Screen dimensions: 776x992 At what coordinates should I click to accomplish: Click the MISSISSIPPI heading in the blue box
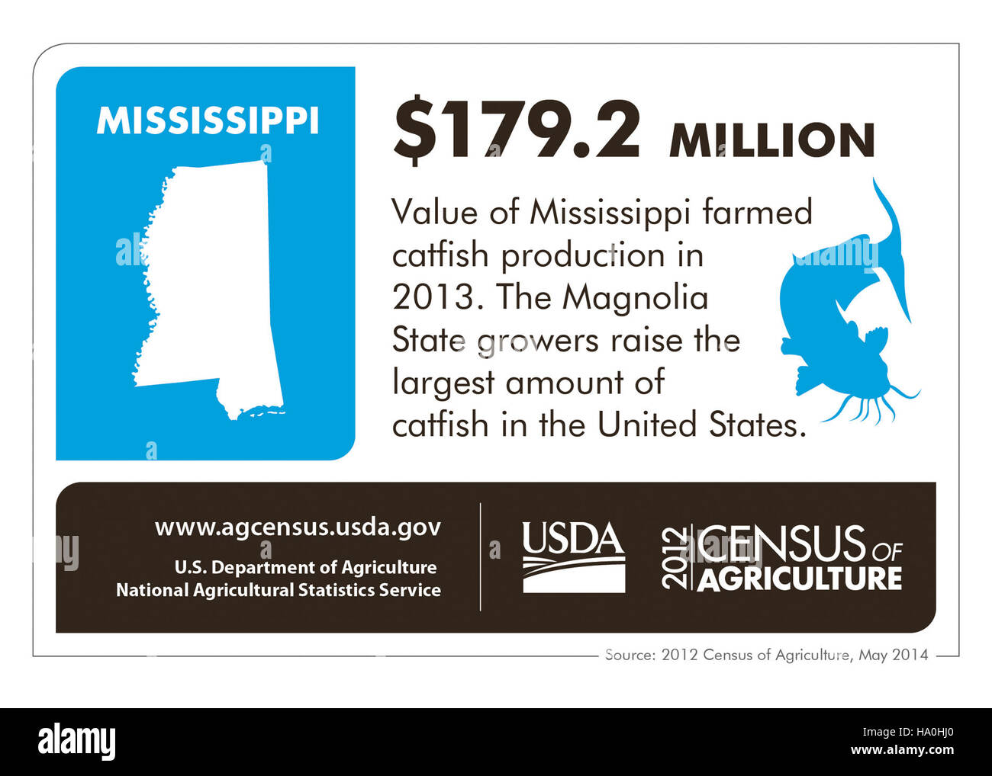207,121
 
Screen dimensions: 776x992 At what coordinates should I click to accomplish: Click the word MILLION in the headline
771,140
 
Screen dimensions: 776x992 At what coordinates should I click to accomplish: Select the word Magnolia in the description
635,297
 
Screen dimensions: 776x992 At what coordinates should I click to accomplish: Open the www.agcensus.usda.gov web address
298,527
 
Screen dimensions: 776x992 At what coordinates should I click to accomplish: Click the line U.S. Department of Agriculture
305,567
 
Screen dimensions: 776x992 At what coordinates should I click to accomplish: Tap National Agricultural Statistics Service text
279,590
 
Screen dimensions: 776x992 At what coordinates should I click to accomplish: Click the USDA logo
573,557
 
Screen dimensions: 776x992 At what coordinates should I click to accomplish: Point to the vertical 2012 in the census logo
675,557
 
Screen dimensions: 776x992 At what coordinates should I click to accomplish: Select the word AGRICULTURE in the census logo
799,579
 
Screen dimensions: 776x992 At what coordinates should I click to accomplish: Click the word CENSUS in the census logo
781,543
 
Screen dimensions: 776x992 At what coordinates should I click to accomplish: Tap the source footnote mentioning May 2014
766,654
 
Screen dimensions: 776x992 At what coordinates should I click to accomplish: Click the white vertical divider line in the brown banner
480,557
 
